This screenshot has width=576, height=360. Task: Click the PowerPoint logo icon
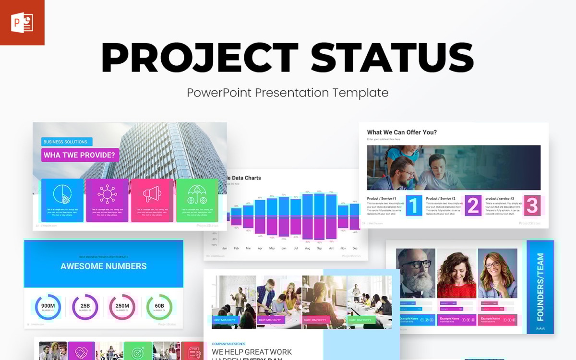click(22, 23)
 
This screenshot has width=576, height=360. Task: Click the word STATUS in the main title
click(392, 58)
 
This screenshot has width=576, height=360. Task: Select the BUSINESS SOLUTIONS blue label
click(66, 142)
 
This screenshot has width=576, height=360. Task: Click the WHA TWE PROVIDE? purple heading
click(80, 155)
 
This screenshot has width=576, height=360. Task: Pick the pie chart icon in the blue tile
click(62, 194)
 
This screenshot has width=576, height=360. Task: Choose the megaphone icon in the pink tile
click(152, 194)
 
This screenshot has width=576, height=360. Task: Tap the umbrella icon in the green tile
click(197, 194)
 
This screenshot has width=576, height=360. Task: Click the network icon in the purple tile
click(107, 194)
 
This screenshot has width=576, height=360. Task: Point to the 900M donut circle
click(48, 306)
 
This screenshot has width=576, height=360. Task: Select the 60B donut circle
click(159, 306)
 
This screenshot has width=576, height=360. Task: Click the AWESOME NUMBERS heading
click(104, 266)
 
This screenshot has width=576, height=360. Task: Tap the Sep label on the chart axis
click(319, 248)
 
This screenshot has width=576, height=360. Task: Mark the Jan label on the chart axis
click(225, 248)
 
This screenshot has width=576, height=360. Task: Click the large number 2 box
click(473, 205)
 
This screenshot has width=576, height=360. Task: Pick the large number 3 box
click(531, 205)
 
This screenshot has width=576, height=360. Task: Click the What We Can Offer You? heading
click(402, 132)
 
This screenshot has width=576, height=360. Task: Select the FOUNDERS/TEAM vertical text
click(540, 287)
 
